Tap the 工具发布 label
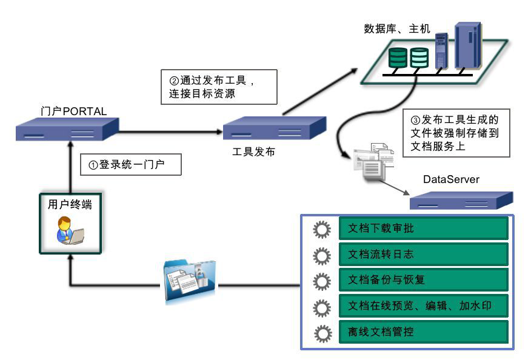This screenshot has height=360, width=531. (x=253, y=152)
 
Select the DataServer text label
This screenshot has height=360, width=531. (x=451, y=179)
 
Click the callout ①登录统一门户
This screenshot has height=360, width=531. (x=131, y=164)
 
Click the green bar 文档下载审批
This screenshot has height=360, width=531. (x=422, y=228)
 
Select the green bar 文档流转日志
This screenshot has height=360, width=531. (x=422, y=255)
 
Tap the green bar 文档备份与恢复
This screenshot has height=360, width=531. (x=422, y=281)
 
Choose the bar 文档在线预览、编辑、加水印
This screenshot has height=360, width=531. (x=422, y=307)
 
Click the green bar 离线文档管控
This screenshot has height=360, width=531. (x=422, y=333)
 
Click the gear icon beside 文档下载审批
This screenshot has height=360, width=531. (x=321, y=229)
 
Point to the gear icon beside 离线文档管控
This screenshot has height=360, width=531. (x=321, y=333)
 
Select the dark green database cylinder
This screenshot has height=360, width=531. (x=398, y=57)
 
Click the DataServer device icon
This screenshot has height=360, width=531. (x=461, y=200)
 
